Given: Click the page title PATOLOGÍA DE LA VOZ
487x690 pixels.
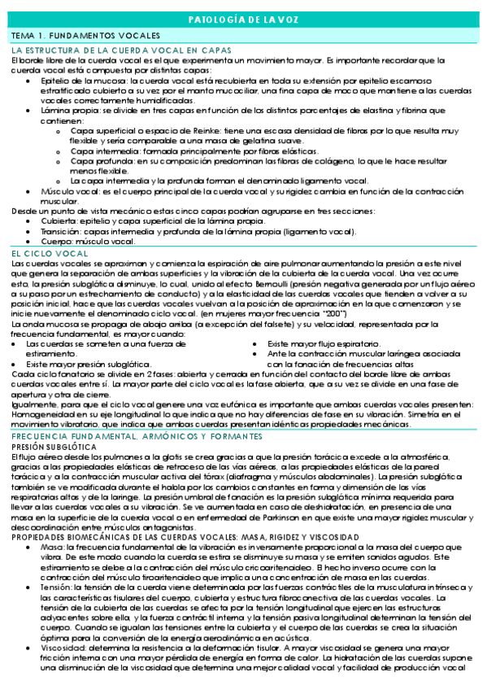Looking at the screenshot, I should tap(243, 20).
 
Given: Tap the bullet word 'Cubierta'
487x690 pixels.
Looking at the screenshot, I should tap(55, 221).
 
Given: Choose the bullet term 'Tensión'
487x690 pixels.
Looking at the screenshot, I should tap(54, 587).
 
